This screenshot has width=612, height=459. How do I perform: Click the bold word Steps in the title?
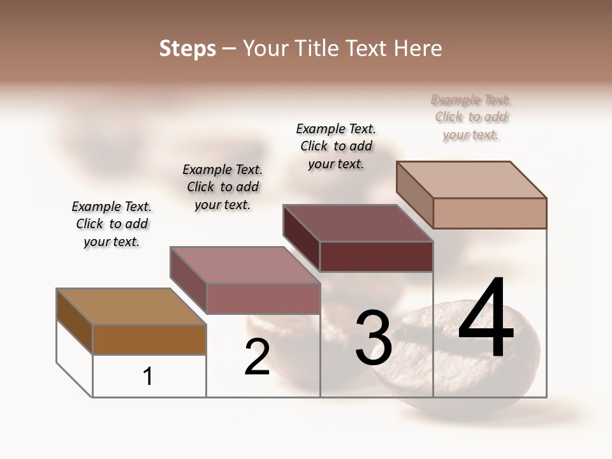(x=187, y=48)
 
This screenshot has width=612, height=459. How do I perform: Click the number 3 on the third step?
(x=373, y=338)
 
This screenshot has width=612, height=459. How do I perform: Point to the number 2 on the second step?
(x=257, y=358)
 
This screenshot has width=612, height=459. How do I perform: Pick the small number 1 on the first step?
(x=148, y=377)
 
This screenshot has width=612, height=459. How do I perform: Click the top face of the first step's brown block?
(x=131, y=306)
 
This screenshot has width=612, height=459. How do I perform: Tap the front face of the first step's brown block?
(x=149, y=339)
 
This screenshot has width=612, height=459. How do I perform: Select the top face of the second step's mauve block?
(x=245, y=265)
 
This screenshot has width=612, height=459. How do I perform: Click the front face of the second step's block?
(x=263, y=298)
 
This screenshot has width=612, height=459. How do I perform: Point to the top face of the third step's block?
(x=358, y=222)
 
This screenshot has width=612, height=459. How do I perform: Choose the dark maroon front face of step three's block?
(x=376, y=256)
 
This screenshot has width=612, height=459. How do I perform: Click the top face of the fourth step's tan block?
(x=472, y=179)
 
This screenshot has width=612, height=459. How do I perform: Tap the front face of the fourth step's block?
(x=490, y=213)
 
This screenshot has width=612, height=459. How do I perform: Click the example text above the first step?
(x=112, y=224)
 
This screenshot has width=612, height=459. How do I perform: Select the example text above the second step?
(x=222, y=187)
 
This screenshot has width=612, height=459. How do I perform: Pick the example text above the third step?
(x=336, y=146)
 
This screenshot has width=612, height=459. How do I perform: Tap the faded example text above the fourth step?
(x=471, y=117)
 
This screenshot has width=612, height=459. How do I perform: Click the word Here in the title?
(x=419, y=48)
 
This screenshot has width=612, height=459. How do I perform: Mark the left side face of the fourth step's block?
(x=414, y=194)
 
